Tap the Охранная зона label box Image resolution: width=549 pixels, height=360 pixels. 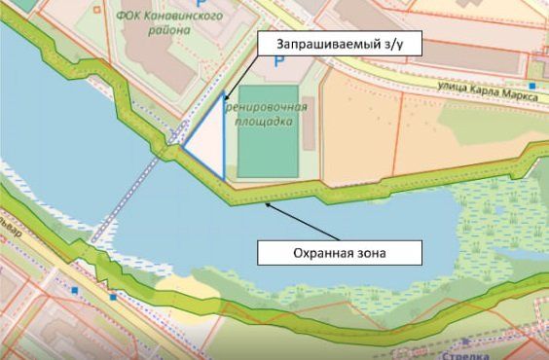coord(340,253)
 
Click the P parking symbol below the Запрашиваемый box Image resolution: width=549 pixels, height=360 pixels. coord(279,61)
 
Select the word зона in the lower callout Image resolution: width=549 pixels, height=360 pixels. coord(371,253)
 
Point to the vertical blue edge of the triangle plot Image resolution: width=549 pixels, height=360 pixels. coord(224,136)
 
